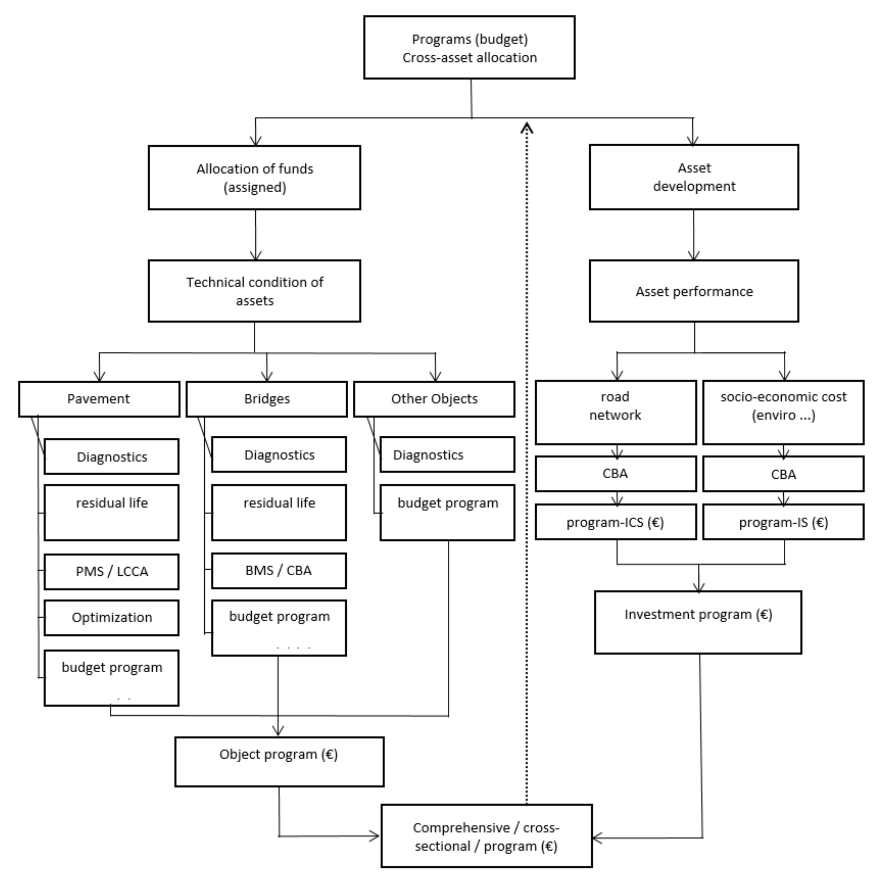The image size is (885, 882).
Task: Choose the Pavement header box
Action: (x=99, y=399)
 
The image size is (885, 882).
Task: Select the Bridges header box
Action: (x=267, y=399)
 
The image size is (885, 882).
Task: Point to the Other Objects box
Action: (x=434, y=399)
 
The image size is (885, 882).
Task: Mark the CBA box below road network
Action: (x=615, y=473)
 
